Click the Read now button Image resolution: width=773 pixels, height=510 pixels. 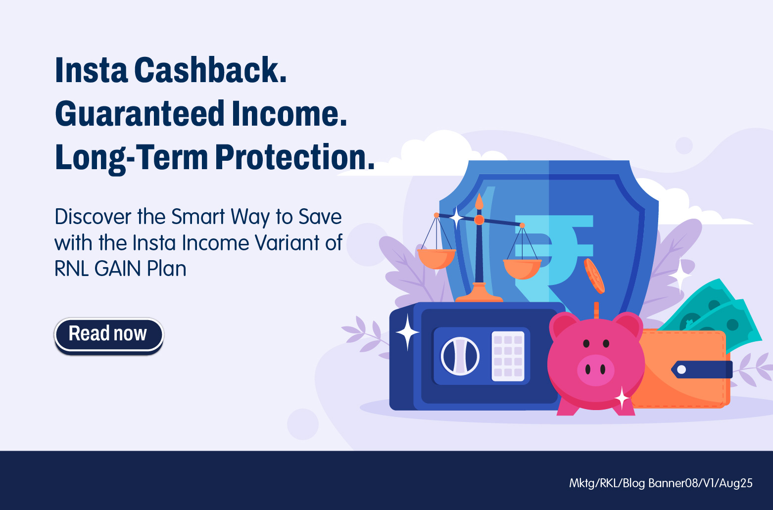(x=109, y=334)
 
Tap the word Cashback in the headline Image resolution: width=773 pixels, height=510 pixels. (x=210, y=70)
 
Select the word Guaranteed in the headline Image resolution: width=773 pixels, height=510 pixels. (x=140, y=113)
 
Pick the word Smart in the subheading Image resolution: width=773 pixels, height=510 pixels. (x=198, y=217)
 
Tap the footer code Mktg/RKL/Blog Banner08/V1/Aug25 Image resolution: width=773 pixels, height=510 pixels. (x=661, y=483)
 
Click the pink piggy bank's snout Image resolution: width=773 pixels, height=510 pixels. (x=596, y=370)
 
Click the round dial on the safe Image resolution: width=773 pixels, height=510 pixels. (x=460, y=356)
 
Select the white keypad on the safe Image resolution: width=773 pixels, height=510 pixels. (x=508, y=356)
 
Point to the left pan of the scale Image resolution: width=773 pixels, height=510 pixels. (x=436, y=259)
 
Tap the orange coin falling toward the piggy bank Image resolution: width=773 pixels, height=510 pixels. (x=594, y=276)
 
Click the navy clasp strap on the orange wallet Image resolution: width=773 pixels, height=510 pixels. (x=702, y=370)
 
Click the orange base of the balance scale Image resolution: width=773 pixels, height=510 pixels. (x=479, y=293)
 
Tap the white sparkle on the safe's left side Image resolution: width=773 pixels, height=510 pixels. (x=407, y=332)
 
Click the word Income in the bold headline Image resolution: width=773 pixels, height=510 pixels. (x=289, y=113)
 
